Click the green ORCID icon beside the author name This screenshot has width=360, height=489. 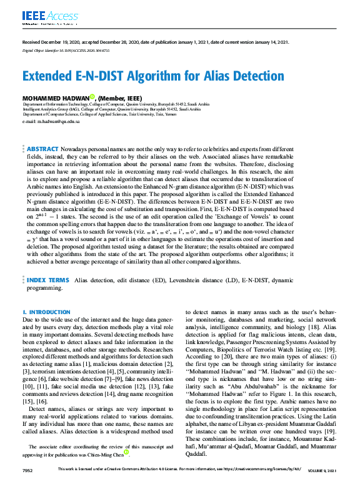92,97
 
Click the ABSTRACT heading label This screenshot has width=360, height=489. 42,150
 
